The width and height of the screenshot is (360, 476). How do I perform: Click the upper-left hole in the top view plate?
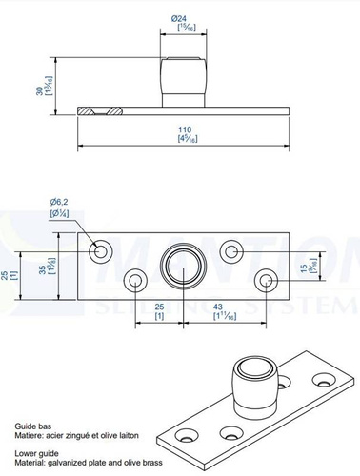(100, 251)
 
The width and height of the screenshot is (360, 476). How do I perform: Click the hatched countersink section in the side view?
(98, 110)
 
